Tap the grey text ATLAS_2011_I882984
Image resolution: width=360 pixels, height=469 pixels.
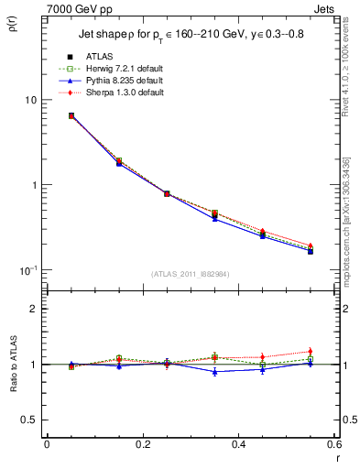[x=191, y=274]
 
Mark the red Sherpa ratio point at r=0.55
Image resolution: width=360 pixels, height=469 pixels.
[x=311, y=352]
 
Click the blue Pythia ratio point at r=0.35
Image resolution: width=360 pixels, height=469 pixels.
[x=214, y=372]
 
